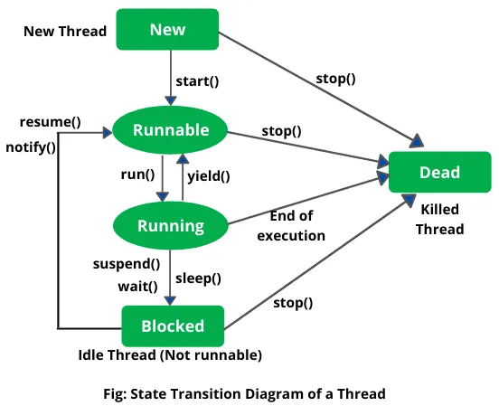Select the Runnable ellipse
coord(171,130)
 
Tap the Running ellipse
coord(171,225)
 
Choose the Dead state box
coord(439,172)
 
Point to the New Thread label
coord(65,32)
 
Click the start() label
coord(197,81)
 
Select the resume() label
coord(50,121)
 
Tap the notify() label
coord(31,146)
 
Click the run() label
coord(137,174)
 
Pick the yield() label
coord(209,176)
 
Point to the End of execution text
coord(290,226)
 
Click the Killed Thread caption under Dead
coord(439,219)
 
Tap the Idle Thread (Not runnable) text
coord(170,355)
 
